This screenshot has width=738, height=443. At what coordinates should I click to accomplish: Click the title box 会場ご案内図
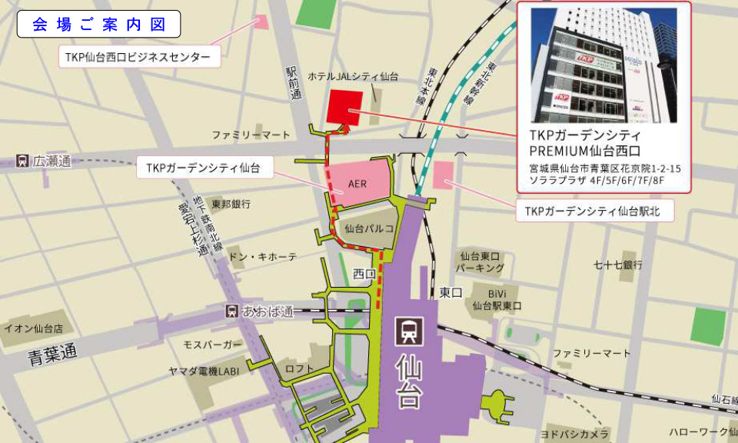tap(98, 24)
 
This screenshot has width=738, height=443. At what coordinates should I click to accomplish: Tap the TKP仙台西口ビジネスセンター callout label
tap(138, 56)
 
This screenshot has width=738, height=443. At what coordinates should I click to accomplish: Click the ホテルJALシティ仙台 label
tap(353, 77)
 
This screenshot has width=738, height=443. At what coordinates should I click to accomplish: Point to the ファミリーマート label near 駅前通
tap(251, 135)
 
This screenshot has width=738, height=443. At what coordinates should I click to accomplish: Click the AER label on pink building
tap(357, 185)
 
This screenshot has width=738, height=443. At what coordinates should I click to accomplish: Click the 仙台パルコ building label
tap(369, 228)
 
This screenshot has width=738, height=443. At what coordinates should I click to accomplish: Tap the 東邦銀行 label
tap(231, 205)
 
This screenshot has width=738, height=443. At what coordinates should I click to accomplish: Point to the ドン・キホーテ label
tap(263, 257)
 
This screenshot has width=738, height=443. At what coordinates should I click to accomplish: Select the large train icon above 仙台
tap(407, 331)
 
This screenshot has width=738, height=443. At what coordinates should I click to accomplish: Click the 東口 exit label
tap(450, 292)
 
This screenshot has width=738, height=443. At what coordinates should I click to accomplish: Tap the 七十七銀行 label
tap(617, 265)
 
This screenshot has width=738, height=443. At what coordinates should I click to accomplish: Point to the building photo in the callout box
tap(603, 65)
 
